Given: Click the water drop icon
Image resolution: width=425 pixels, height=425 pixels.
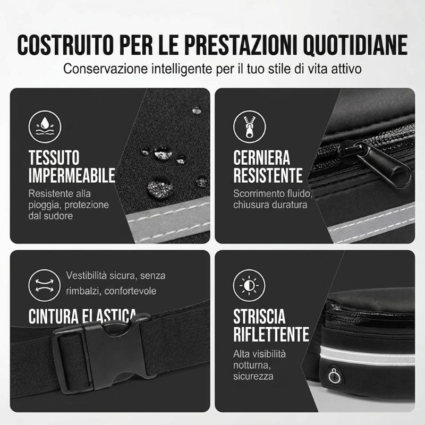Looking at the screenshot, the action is click(45, 126).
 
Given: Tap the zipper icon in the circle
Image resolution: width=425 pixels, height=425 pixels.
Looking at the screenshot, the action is click(250, 126).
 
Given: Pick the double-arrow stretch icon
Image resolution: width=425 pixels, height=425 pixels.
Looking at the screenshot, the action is click(45, 285).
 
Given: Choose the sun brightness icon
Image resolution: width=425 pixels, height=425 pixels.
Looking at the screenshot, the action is click(249, 285).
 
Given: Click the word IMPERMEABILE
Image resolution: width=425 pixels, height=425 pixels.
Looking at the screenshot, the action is click(72, 175).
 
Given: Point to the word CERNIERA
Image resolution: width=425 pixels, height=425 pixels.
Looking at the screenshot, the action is click(261, 157).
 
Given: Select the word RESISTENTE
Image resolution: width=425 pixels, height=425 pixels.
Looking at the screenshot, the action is click(268, 175).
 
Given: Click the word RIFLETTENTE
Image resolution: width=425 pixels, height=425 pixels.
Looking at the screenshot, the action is click(271, 334).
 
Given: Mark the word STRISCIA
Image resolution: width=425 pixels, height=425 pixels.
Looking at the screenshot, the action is click(259, 316).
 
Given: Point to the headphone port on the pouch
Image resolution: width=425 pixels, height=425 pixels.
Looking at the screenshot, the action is click(335, 376).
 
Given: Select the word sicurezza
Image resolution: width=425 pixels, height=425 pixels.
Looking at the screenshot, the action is click(253, 377).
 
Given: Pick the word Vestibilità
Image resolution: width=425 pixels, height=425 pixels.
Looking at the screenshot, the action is click(86, 275).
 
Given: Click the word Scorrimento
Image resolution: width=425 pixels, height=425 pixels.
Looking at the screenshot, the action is click(259, 193).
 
